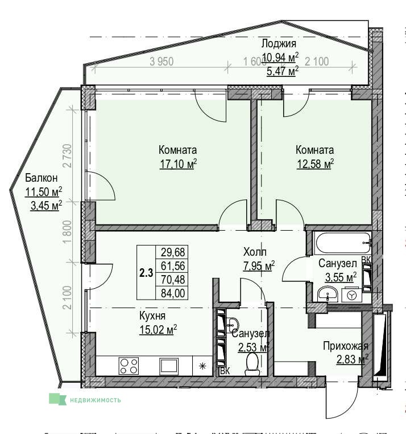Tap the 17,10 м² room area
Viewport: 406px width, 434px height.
(x=178, y=164)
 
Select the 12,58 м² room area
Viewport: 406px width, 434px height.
(x=315, y=164)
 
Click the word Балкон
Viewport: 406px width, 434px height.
(x=41, y=178)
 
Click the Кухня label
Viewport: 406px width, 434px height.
(x=152, y=316)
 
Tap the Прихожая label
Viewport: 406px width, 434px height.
(x=346, y=346)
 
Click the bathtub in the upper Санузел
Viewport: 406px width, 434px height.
(x=342, y=243)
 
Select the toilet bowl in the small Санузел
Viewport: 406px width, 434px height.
(x=251, y=364)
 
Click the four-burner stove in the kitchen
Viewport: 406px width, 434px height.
(x=129, y=366)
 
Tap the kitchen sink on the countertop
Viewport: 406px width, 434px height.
(x=168, y=366)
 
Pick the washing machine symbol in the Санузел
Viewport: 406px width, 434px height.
(x=351, y=296)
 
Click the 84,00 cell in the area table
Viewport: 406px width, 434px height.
(x=173, y=293)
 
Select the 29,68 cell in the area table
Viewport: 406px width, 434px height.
(x=173, y=252)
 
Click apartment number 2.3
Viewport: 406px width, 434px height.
(x=146, y=273)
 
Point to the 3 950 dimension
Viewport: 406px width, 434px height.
(x=161, y=62)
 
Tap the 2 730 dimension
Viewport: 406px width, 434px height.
(x=68, y=155)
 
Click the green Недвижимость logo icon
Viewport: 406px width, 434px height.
(x=58, y=399)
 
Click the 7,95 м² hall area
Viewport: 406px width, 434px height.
(x=259, y=266)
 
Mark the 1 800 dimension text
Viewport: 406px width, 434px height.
(x=68, y=232)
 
